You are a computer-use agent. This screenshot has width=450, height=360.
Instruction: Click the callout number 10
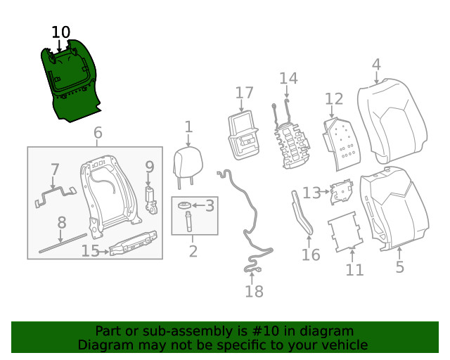tap(61, 32)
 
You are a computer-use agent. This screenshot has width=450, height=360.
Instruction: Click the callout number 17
tap(244, 93)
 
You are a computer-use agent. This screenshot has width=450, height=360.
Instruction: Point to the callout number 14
tap(288, 78)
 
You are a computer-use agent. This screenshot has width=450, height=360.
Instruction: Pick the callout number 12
tap(334, 98)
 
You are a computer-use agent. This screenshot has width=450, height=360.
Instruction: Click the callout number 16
tap(311, 254)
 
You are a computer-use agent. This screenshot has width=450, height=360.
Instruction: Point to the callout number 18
tap(254, 291)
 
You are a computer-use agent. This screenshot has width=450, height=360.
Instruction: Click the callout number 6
tap(97, 132)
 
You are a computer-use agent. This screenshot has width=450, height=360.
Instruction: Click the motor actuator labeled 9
tap(150, 198)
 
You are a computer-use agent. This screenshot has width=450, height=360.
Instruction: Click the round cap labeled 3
tap(184, 206)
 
